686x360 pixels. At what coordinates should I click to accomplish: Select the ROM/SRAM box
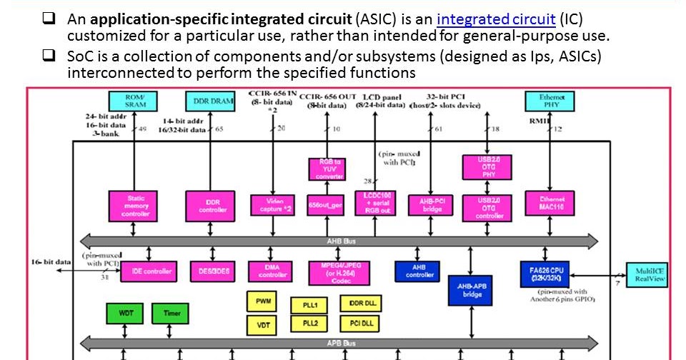click(134, 101)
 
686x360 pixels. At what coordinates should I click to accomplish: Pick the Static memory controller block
click(135, 205)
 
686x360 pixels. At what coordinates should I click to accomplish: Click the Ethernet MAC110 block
click(549, 204)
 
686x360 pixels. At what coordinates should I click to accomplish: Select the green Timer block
click(171, 313)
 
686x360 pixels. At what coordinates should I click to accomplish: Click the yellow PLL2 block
click(309, 324)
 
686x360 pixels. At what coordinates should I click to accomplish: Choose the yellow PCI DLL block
click(362, 324)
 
